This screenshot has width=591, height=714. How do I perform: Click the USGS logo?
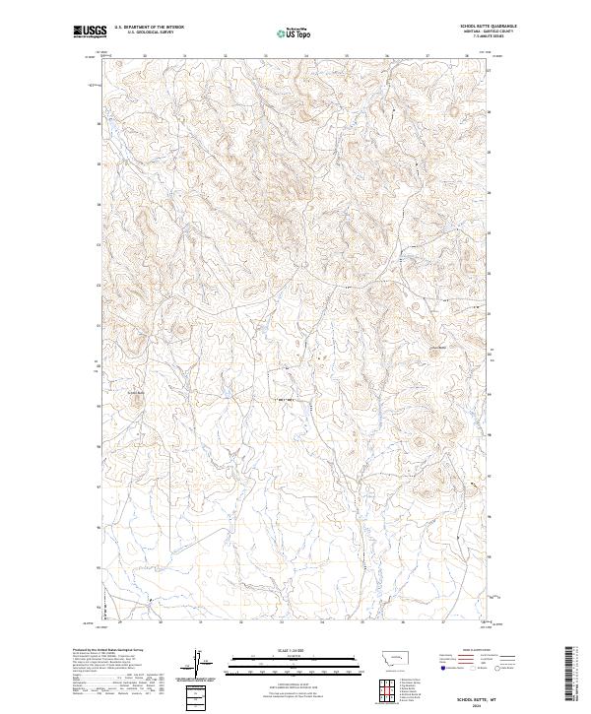point(88,32)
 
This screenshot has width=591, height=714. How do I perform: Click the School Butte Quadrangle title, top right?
point(488,26)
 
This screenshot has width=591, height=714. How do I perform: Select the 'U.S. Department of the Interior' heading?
point(149,27)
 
